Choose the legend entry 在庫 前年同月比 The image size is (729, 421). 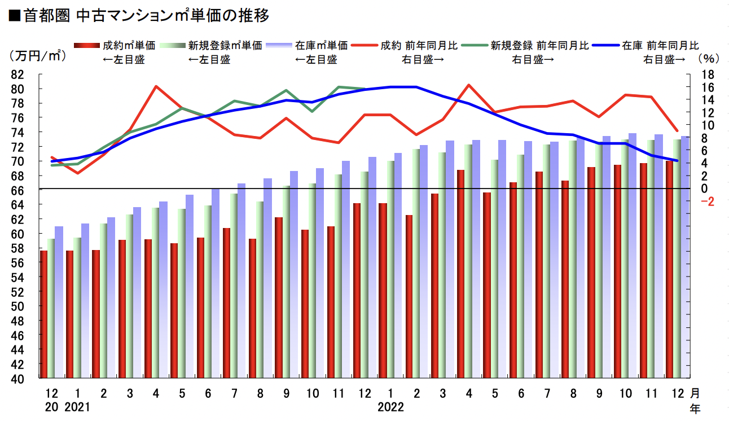pos(660,46)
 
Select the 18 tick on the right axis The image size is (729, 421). pos(708,74)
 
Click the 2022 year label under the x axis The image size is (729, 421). pos(391,406)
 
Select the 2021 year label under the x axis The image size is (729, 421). pos(78,406)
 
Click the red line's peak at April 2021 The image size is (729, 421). pos(156,86)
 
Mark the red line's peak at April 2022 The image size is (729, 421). pos(469,85)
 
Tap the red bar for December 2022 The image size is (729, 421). pos(669,270)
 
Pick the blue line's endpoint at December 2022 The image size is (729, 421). pos(677,161)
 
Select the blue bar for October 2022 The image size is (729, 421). pos(633,256)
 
